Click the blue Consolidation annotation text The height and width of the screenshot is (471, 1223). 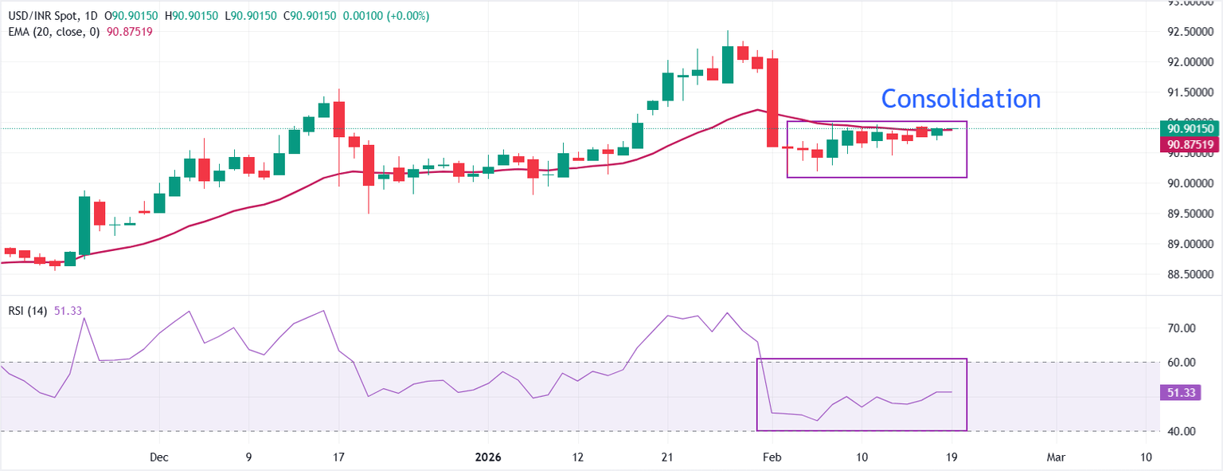click(960, 99)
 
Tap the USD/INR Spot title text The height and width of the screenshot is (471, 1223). click(41, 16)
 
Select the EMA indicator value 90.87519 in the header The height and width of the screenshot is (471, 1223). click(129, 31)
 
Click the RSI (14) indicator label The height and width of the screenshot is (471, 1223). click(26, 311)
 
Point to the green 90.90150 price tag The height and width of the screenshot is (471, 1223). click(1190, 128)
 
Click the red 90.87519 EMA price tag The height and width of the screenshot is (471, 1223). click(1190, 145)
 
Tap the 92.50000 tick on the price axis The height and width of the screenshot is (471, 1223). click(1190, 32)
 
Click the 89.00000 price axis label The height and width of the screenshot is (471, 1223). click(1190, 245)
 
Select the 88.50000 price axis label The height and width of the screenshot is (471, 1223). click(1190, 275)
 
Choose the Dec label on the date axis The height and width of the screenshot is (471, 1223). click(159, 457)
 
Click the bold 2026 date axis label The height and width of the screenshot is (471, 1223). click(487, 457)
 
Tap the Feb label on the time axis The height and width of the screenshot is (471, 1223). click(771, 457)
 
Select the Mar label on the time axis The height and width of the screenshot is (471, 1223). click(1056, 457)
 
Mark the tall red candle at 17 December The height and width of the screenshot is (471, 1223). click(339, 119)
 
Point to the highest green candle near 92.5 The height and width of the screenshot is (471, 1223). click(727, 64)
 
